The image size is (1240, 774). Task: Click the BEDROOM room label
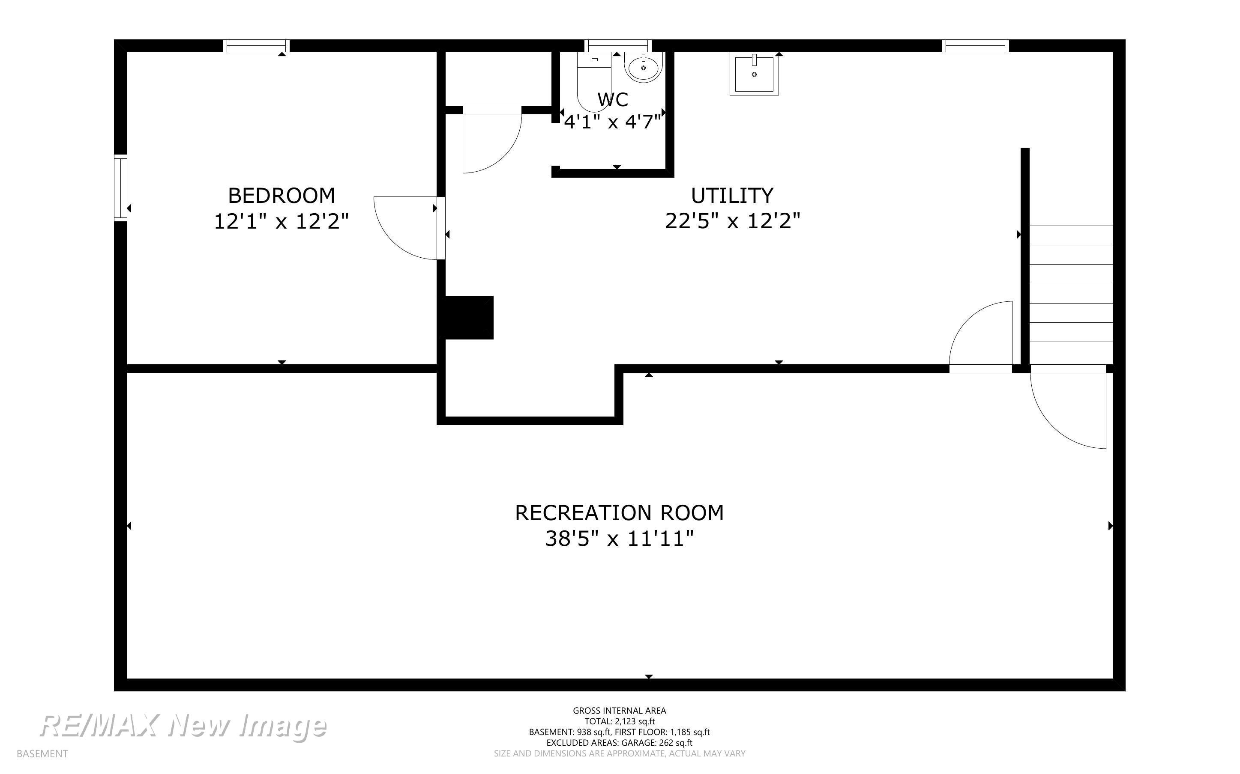pyautogui.click(x=281, y=196)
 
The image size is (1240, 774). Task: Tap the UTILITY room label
pyautogui.click(x=732, y=196)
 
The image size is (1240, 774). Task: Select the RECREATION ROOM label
pyautogui.click(x=619, y=513)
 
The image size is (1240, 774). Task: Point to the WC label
pyautogui.click(x=613, y=100)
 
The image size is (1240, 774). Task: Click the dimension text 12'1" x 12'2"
pyautogui.click(x=281, y=221)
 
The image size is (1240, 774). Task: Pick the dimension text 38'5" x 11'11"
pyautogui.click(x=619, y=539)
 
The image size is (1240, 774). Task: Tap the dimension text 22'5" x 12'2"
pyautogui.click(x=732, y=221)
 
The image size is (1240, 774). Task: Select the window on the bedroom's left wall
pyautogui.click(x=120, y=188)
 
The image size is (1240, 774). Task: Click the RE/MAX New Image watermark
pyautogui.click(x=183, y=726)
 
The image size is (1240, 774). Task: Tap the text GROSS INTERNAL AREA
pyautogui.click(x=619, y=711)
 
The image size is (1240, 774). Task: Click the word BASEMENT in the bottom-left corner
pyautogui.click(x=42, y=753)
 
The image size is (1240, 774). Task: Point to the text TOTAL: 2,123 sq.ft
pyautogui.click(x=619, y=721)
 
